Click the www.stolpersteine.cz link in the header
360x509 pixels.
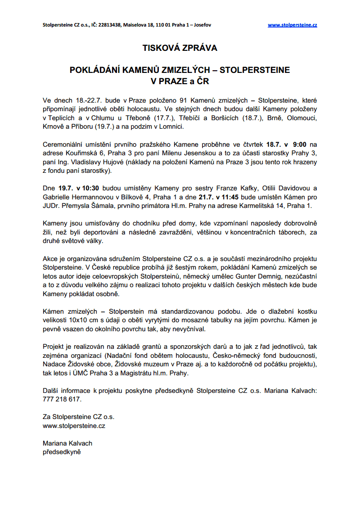(x=292, y=25)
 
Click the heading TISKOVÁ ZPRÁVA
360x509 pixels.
(x=180, y=48)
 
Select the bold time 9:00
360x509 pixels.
(x=300, y=144)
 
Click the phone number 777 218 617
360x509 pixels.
(x=62, y=399)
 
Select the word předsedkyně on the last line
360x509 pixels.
(x=62, y=451)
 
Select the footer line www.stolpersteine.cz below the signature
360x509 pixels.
(x=74, y=425)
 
